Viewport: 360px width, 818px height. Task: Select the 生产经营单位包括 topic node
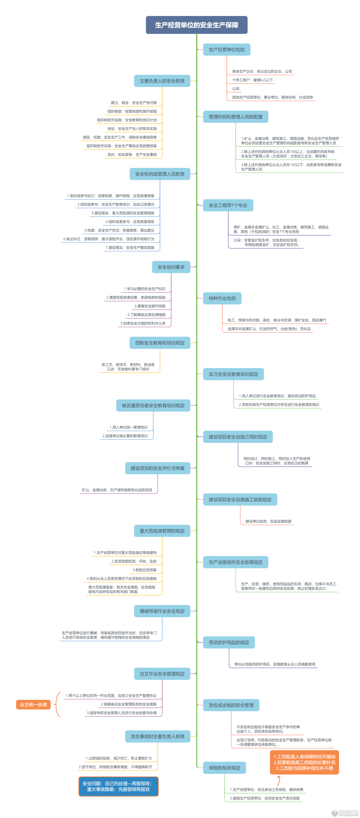(227, 50)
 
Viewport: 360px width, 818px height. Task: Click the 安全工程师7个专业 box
(228, 205)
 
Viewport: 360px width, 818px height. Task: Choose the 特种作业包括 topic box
(222, 299)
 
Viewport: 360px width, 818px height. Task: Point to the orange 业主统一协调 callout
(33, 705)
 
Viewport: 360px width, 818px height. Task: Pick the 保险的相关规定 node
(224, 768)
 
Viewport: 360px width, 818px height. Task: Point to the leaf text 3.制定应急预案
(145, 570)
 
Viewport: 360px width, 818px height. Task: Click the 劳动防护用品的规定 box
(229, 642)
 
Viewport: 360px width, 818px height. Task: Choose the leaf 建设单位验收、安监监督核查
(268, 521)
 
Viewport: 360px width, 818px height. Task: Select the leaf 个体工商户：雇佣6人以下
(252, 80)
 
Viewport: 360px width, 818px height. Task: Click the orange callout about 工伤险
(304, 762)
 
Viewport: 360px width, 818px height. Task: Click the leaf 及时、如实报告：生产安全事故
(132, 155)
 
